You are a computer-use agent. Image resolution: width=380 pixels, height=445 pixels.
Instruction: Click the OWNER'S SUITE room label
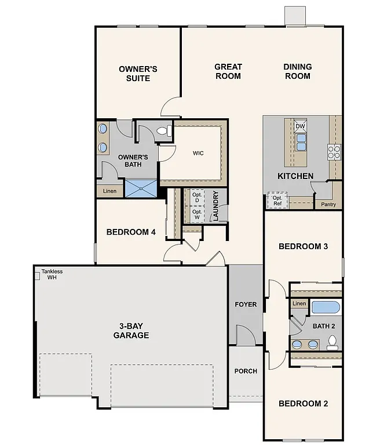click(138, 73)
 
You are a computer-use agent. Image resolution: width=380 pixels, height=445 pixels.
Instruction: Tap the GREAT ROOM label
click(228, 71)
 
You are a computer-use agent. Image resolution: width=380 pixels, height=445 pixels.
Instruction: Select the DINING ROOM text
click(297, 71)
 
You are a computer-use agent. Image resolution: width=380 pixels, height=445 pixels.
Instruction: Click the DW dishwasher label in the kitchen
click(299, 126)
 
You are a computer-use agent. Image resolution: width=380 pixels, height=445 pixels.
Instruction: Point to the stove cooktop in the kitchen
click(334, 152)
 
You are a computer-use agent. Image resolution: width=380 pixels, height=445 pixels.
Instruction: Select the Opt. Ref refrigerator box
click(277, 201)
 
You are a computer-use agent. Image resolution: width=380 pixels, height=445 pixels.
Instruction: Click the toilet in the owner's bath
click(164, 131)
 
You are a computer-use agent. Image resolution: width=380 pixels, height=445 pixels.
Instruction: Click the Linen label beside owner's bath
click(109, 191)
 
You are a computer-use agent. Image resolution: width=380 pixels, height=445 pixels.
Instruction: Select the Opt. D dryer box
click(197, 197)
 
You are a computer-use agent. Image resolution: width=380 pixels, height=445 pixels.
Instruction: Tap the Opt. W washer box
click(197, 214)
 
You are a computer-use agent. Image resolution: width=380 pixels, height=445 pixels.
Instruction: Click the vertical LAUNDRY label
click(215, 206)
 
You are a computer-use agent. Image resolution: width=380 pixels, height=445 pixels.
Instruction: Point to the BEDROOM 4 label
click(131, 232)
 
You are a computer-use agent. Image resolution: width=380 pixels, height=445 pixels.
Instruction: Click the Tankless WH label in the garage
click(52, 274)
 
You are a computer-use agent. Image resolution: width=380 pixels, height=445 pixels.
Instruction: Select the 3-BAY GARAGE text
click(131, 330)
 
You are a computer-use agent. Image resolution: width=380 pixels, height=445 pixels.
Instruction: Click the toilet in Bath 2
click(332, 345)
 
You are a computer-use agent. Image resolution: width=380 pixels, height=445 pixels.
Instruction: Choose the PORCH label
click(246, 371)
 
